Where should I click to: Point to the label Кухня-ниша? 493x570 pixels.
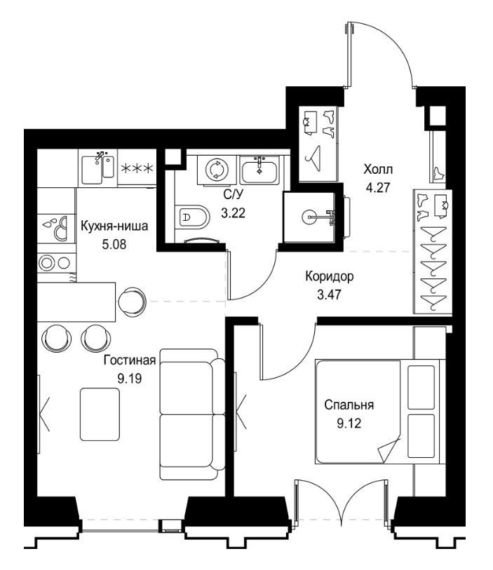point(114,225)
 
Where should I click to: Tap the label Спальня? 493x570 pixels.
point(349,405)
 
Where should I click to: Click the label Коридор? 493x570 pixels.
point(330,276)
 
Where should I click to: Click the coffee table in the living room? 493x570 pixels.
point(102,414)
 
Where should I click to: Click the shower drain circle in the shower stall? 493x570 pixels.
point(311,217)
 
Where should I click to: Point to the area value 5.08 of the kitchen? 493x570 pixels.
point(114,245)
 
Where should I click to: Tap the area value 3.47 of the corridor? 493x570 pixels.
point(330,294)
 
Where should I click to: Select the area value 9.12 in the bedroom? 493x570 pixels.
point(349,423)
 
